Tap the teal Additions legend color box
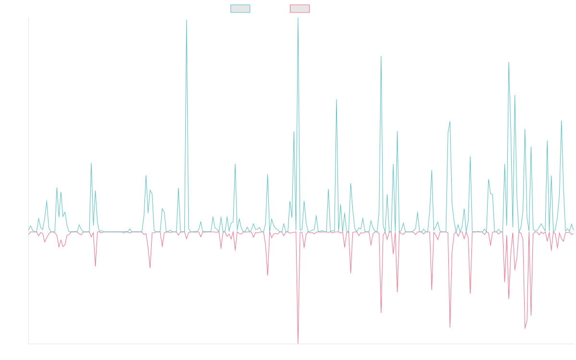click(x=240, y=9)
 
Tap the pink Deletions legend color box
click(x=300, y=9)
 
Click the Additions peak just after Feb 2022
click(x=186, y=20)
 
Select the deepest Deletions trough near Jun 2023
click(x=298, y=343)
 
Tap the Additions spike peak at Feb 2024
click(x=381, y=57)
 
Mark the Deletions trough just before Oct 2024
click(x=450, y=328)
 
